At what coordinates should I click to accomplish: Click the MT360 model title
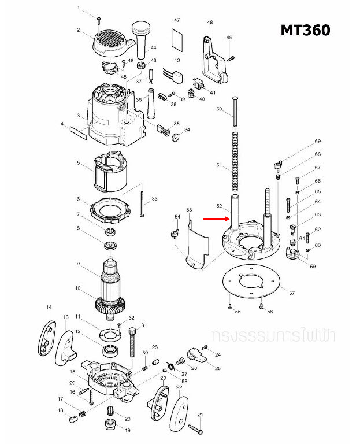(305, 30)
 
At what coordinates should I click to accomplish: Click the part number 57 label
(292, 293)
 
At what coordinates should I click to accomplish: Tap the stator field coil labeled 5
(110, 172)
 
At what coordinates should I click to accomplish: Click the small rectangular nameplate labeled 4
(79, 135)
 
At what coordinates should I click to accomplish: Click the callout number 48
(209, 23)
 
